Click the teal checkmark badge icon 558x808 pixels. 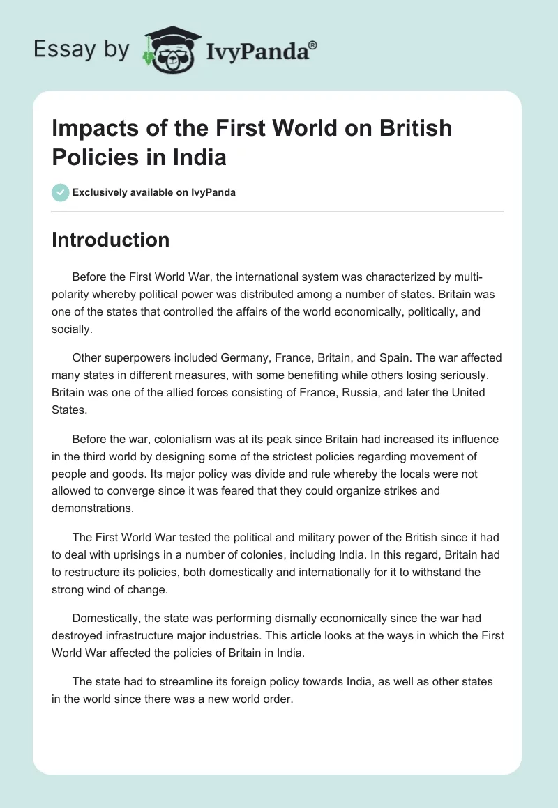[x=61, y=192]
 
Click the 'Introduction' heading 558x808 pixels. [x=110, y=240]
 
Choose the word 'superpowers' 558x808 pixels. [x=134, y=357]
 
